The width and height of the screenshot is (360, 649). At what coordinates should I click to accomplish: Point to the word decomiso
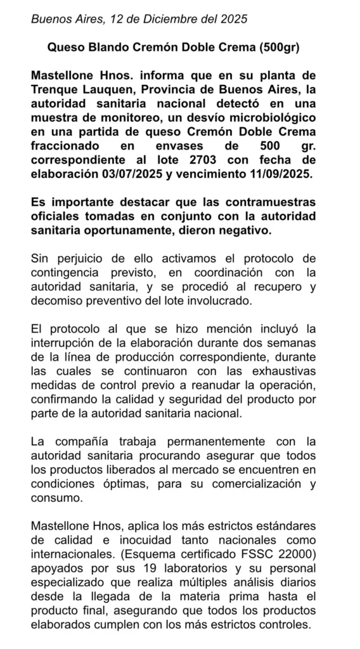[59, 301]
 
